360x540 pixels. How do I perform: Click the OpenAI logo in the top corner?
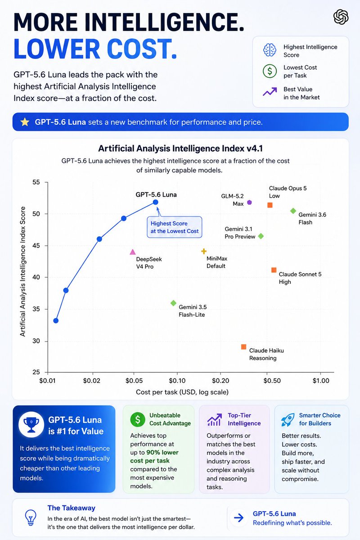341,17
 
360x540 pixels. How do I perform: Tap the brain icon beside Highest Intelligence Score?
270,50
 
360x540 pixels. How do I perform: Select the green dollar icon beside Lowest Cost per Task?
270,71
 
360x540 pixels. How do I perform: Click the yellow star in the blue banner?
25,122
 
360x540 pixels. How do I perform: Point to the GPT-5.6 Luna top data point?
156,202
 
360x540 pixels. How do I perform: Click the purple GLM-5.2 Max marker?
249,202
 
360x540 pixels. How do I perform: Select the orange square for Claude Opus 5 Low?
270,205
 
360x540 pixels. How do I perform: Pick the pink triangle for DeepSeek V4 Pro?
133,252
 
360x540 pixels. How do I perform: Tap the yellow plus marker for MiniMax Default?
204,251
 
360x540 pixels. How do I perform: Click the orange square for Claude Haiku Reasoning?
244,347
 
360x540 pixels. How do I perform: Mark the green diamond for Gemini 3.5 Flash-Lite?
173,303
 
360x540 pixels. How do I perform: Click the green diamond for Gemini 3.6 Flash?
293,211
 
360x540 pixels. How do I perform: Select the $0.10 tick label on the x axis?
177,381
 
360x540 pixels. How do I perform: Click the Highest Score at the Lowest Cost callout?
175,227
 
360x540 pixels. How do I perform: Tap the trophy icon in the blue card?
31,425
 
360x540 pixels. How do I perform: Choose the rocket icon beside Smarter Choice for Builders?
288,420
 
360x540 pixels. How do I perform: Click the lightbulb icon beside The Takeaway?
31,517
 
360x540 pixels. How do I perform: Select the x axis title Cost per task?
182,392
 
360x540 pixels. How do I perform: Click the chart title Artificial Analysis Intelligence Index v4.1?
180,148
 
